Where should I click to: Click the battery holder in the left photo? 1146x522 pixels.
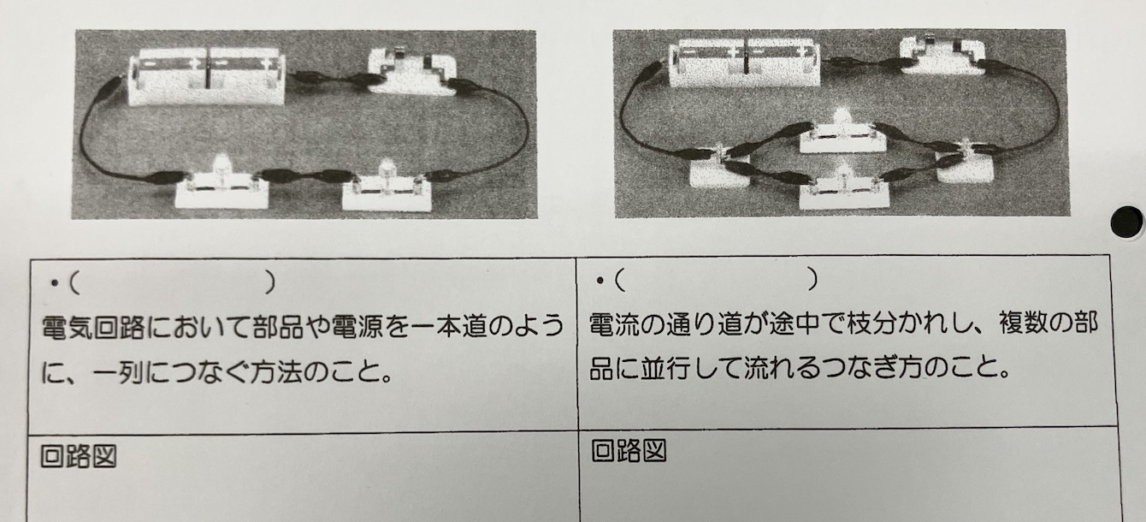(206, 76)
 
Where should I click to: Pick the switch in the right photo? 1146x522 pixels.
(942, 56)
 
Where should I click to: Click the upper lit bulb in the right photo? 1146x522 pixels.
(842, 132)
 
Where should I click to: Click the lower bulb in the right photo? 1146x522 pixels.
(844, 188)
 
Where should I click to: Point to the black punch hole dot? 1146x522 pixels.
(1126, 222)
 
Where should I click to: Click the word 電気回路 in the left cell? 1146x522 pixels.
(93, 328)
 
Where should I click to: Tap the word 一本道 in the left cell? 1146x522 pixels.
(449, 328)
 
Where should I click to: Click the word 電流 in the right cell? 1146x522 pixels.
(614, 324)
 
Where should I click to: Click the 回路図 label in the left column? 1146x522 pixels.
(79, 456)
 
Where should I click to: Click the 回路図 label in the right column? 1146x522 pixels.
(629, 451)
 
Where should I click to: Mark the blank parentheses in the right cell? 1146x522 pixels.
(717, 279)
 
